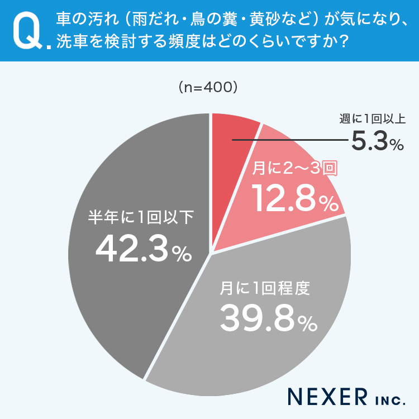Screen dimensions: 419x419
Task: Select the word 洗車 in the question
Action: pyautogui.click(x=71, y=42)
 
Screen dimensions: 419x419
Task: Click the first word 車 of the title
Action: pyautogui.click(x=63, y=19)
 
